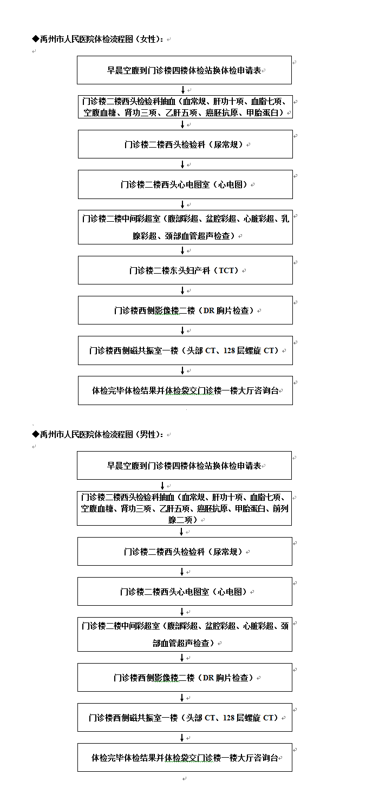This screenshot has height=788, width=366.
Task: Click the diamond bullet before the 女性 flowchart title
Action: [x=36, y=39]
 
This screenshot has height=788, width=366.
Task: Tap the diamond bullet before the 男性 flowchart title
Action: [x=36, y=434]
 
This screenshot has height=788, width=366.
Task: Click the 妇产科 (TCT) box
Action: [x=185, y=270]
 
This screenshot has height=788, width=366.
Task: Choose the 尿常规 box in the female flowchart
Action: [x=185, y=144]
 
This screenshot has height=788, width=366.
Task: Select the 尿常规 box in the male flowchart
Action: [x=185, y=551]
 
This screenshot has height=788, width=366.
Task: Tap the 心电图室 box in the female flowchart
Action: [x=185, y=184]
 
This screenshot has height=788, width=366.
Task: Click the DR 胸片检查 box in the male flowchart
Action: [x=185, y=677]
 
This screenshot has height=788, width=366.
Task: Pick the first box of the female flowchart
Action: [x=184, y=70]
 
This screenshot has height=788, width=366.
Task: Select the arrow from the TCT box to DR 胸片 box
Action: [x=182, y=290]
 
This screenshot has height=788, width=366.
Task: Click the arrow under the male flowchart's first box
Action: [x=162, y=486]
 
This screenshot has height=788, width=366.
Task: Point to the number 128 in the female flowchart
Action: [x=229, y=350]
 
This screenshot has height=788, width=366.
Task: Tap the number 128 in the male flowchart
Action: [x=228, y=718]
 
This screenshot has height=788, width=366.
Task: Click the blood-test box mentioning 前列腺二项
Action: [x=184, y=508]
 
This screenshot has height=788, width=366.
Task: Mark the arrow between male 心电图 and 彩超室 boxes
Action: [x=182, y=612]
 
